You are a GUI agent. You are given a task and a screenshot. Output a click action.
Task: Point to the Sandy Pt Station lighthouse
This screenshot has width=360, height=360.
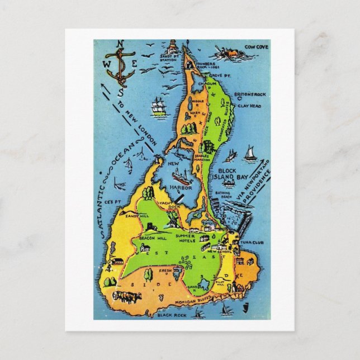tap(173, 47)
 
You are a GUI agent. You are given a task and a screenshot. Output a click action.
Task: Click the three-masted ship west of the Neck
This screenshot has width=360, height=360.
tap(159, 107)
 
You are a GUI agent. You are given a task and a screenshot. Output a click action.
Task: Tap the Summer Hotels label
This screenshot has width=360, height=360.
tap(186, 239)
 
